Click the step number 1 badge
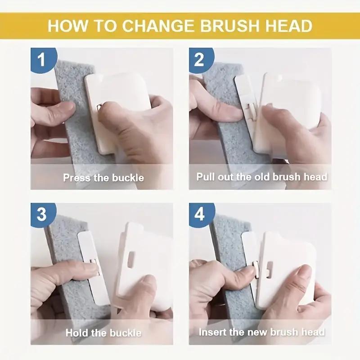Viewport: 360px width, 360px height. (x=41, y=59)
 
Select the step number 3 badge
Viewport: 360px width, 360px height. (x=41, y=214)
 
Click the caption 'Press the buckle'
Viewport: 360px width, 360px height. (x=103, y=178)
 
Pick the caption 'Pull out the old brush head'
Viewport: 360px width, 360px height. (x=261, y=176)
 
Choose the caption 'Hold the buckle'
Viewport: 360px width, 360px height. (x=103, y=333)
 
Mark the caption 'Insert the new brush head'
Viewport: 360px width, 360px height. (x=261, y=333)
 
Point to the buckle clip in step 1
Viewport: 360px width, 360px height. (x=99, y=108)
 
